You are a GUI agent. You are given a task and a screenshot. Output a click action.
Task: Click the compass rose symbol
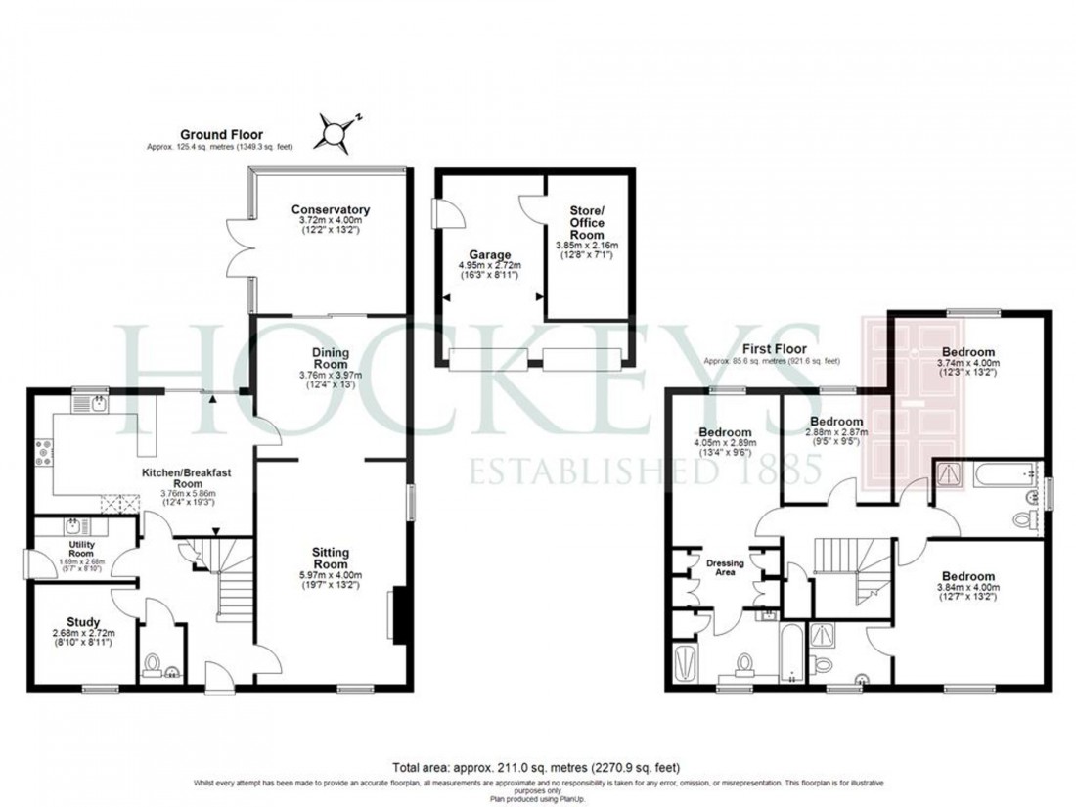[x=336, y=131]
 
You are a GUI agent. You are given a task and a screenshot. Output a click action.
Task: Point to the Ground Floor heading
[x=220, y=135]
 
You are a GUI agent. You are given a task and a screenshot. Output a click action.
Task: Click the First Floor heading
[x=771, y=348]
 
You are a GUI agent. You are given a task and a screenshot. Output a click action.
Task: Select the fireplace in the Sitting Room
[x=397, y=614]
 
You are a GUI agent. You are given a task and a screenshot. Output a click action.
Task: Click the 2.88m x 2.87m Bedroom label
[x=835, y=427]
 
